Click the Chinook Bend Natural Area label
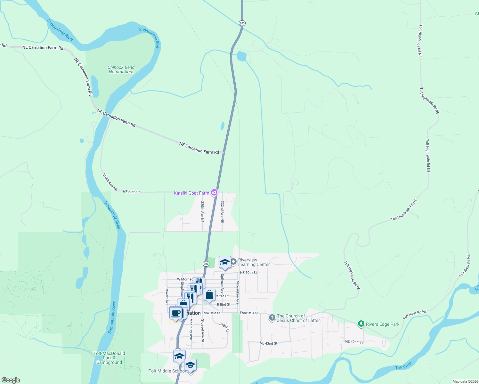(x=121, y=69)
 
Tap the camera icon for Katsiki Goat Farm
(x=214, y=193)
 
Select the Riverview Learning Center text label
(x=254, y=262)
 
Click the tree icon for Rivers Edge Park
(x=361, y=324)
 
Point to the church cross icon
(x=272, y=318)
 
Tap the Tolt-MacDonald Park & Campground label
(x=109, y=358)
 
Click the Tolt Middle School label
(x=166, y=371)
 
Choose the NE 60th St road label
(x=131, y=192)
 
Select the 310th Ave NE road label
(x=110, y=182)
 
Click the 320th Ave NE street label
(x=202, y=212)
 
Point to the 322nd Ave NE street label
(x=222, y=212)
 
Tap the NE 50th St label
(x=248, y=273)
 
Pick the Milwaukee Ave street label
(x=238, y=292)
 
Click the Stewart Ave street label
(x=167, y=296)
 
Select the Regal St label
(x=224, y=327)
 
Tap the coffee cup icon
(x=176, y=313)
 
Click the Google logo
(x=11, y=380)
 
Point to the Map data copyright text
(x=465, y=381)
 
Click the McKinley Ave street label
(x=191, y=329)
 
